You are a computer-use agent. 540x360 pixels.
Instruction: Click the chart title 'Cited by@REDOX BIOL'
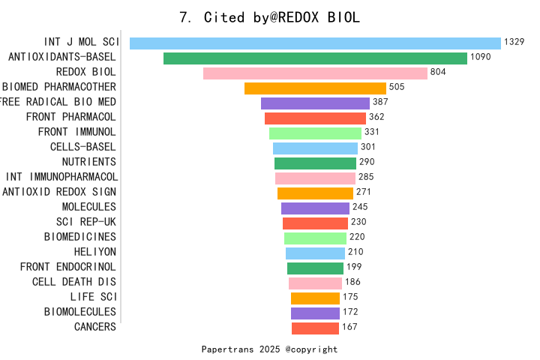pos(270,17)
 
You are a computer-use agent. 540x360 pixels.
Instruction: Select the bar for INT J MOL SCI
pos(315,43)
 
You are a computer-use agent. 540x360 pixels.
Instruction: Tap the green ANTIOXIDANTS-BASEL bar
pos(315,58)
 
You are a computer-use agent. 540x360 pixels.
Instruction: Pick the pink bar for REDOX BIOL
pos(315,73)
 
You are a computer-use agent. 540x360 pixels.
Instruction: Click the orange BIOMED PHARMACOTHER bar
pos(315,88)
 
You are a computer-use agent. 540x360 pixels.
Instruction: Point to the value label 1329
pos(514,42)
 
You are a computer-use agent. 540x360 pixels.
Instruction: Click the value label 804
pos(439,72)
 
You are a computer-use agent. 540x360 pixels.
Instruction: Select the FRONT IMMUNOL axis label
pos(76,132)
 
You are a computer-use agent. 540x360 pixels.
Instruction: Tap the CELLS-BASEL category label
pos(82,147)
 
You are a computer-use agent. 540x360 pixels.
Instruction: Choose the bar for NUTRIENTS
pos(315,163)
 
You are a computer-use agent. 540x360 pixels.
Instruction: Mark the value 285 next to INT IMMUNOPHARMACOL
pos(366,177)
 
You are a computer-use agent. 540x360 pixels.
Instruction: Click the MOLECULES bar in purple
pos(315,208)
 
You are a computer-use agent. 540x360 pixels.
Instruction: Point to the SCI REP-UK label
pos(86,222)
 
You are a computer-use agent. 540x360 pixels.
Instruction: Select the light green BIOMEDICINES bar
pos(315,238)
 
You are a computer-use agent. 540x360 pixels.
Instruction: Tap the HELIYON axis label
pos(94,252)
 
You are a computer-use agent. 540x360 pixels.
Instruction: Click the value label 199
pos(354,267)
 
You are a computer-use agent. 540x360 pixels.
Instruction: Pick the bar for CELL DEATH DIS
pos(315,283)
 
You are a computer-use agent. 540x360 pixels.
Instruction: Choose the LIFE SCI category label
pos(92,297)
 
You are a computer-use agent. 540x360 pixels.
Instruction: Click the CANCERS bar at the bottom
pos(315,328)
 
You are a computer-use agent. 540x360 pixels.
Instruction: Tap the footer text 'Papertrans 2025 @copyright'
pos(269,349)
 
